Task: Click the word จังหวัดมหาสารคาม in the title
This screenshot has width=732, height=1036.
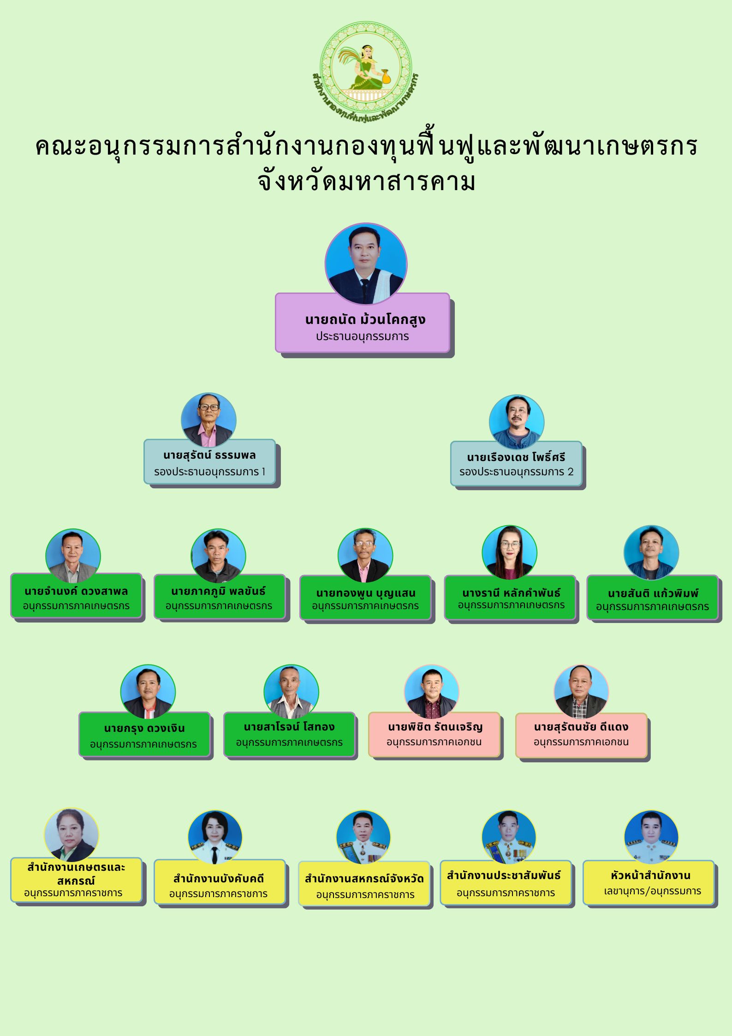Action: point(367,182)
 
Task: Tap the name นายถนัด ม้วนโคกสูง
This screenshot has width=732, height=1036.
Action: point(365,319)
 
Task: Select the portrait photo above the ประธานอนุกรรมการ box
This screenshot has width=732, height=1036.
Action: point(366,264)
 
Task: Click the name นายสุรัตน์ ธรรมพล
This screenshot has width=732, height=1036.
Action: point(209,455)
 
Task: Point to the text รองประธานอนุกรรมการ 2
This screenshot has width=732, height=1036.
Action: point(516,472)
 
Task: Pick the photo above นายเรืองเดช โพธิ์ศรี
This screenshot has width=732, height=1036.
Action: point(517,422)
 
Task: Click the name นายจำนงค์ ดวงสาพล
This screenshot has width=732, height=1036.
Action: point(76,591)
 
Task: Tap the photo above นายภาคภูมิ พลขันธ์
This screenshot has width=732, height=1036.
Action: point(218,556)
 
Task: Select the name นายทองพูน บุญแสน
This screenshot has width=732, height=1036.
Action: point(366,593)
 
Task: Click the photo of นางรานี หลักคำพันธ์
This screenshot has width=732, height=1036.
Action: point(509,553)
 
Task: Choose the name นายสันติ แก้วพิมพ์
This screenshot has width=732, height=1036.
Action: point(653,593)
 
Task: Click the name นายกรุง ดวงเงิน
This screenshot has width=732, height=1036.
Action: point(144,729)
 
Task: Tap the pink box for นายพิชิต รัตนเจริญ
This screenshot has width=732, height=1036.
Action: point(434,735)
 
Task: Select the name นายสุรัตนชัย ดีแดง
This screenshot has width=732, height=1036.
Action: point(581,727)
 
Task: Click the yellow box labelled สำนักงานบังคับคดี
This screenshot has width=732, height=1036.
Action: point(220,882)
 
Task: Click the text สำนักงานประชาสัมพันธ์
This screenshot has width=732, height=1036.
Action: point(504,875)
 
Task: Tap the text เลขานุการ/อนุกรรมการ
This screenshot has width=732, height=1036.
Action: point(653,891)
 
